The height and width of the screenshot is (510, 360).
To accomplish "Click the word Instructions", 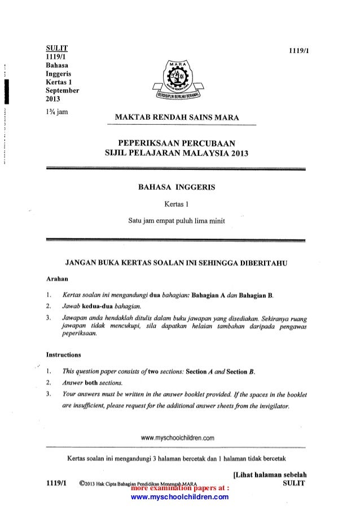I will [63, 355].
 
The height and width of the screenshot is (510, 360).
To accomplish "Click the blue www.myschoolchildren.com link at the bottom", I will [179, 497].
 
